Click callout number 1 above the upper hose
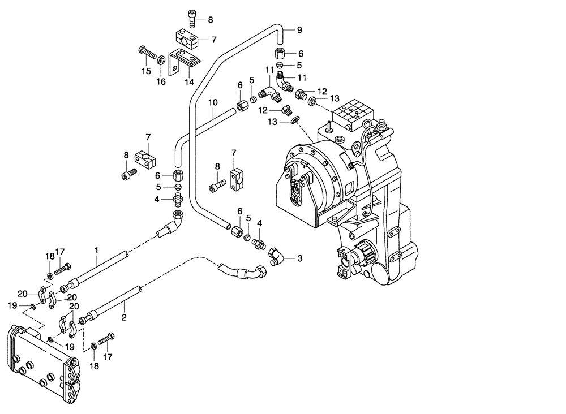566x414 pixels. [x=97, y=249]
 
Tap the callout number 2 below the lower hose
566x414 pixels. [x=124, y=318]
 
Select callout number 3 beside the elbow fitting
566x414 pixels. [x=300, y=258]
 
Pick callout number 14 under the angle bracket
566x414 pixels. [x=189, y=81]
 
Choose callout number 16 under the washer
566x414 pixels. [x=161, y=81]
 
